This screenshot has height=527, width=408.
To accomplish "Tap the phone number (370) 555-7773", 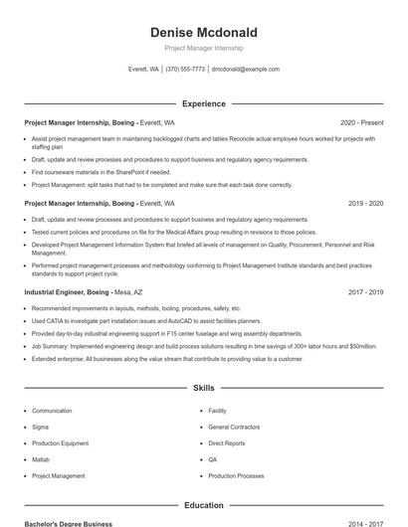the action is [x=186, y=70].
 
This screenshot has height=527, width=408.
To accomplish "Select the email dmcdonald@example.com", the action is [x=246, y=70].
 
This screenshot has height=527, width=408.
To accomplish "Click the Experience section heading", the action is [x=203, y=103].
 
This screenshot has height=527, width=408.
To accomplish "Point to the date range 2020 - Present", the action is [x=361, y=122].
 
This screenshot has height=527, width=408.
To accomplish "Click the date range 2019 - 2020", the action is [x=365, y=203].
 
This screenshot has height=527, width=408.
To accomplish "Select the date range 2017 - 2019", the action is [x=365, y=292].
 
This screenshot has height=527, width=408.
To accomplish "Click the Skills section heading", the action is [x=203, y=388].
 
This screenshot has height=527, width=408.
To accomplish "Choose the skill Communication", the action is [x=52, y=411].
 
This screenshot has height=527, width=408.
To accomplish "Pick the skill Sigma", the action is [x=40, y=427].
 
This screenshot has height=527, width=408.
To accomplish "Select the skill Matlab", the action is [x=41, y=459].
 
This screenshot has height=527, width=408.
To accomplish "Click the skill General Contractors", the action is [x=234, y=427].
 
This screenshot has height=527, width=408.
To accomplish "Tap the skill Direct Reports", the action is [x=227, y=443].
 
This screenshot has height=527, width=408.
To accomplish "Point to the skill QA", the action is [x=213, y=459].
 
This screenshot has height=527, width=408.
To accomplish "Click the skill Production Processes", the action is [x=236, y=476].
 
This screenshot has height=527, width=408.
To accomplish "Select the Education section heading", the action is [x=203, y=505].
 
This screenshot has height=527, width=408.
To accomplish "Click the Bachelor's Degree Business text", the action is [x=69, y=523].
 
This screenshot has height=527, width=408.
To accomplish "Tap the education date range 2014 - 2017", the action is [x=365, y=523].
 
